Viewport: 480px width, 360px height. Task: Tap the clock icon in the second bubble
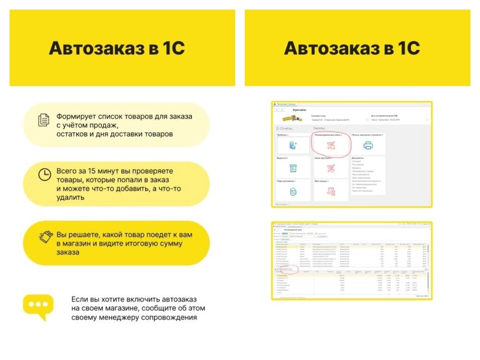(x=45, y=174)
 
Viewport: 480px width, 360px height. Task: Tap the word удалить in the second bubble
(x=71, y=197)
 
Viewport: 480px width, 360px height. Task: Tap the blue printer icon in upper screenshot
(x=368, y=145)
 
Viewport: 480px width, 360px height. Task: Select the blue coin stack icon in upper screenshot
(x=293, y=145)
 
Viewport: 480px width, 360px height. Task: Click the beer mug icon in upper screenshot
(x=293, y=191)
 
